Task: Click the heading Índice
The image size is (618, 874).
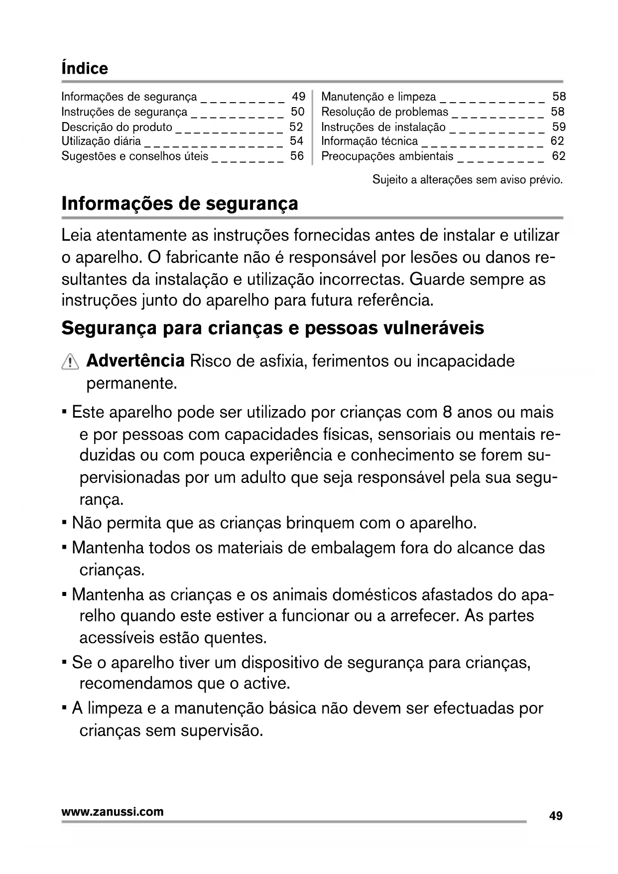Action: tap(84, 68)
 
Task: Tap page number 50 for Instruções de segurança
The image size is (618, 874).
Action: tap(297, 112)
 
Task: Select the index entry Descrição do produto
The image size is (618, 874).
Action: tap(117, 127)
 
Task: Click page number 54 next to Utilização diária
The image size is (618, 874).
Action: tap(296, 141)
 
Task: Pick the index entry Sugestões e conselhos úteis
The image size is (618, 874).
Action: tap(134, 156)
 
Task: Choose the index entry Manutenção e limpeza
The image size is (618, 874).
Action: tap(378, 97)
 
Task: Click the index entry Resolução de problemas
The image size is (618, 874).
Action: tap(384, 112)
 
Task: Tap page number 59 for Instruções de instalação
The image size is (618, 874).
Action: tap(559, 127)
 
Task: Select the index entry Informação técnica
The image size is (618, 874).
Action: tap(370, 141)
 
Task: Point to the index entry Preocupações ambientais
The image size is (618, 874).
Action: tap(387, 156)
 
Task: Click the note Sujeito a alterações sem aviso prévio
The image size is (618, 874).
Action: tap(467, 180)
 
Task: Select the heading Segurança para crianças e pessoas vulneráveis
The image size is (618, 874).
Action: tap(272, 328)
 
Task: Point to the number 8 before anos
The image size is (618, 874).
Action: tap(447, 413)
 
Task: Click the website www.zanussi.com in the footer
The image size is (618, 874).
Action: tap(112, 812)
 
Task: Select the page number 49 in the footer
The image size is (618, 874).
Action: tap(556, 816)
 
